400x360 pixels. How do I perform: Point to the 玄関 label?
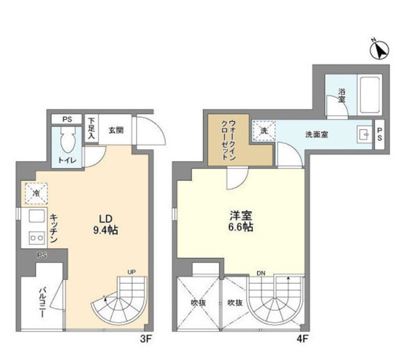click(x=116, y=130)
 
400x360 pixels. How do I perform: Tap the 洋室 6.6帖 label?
click(x=241, y=221)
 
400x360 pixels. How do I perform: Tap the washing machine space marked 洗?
click(x=264, y=130)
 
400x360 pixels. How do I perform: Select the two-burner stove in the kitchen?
click(x=35, y=238)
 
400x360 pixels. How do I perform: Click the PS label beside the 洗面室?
click(x=379, y=134)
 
